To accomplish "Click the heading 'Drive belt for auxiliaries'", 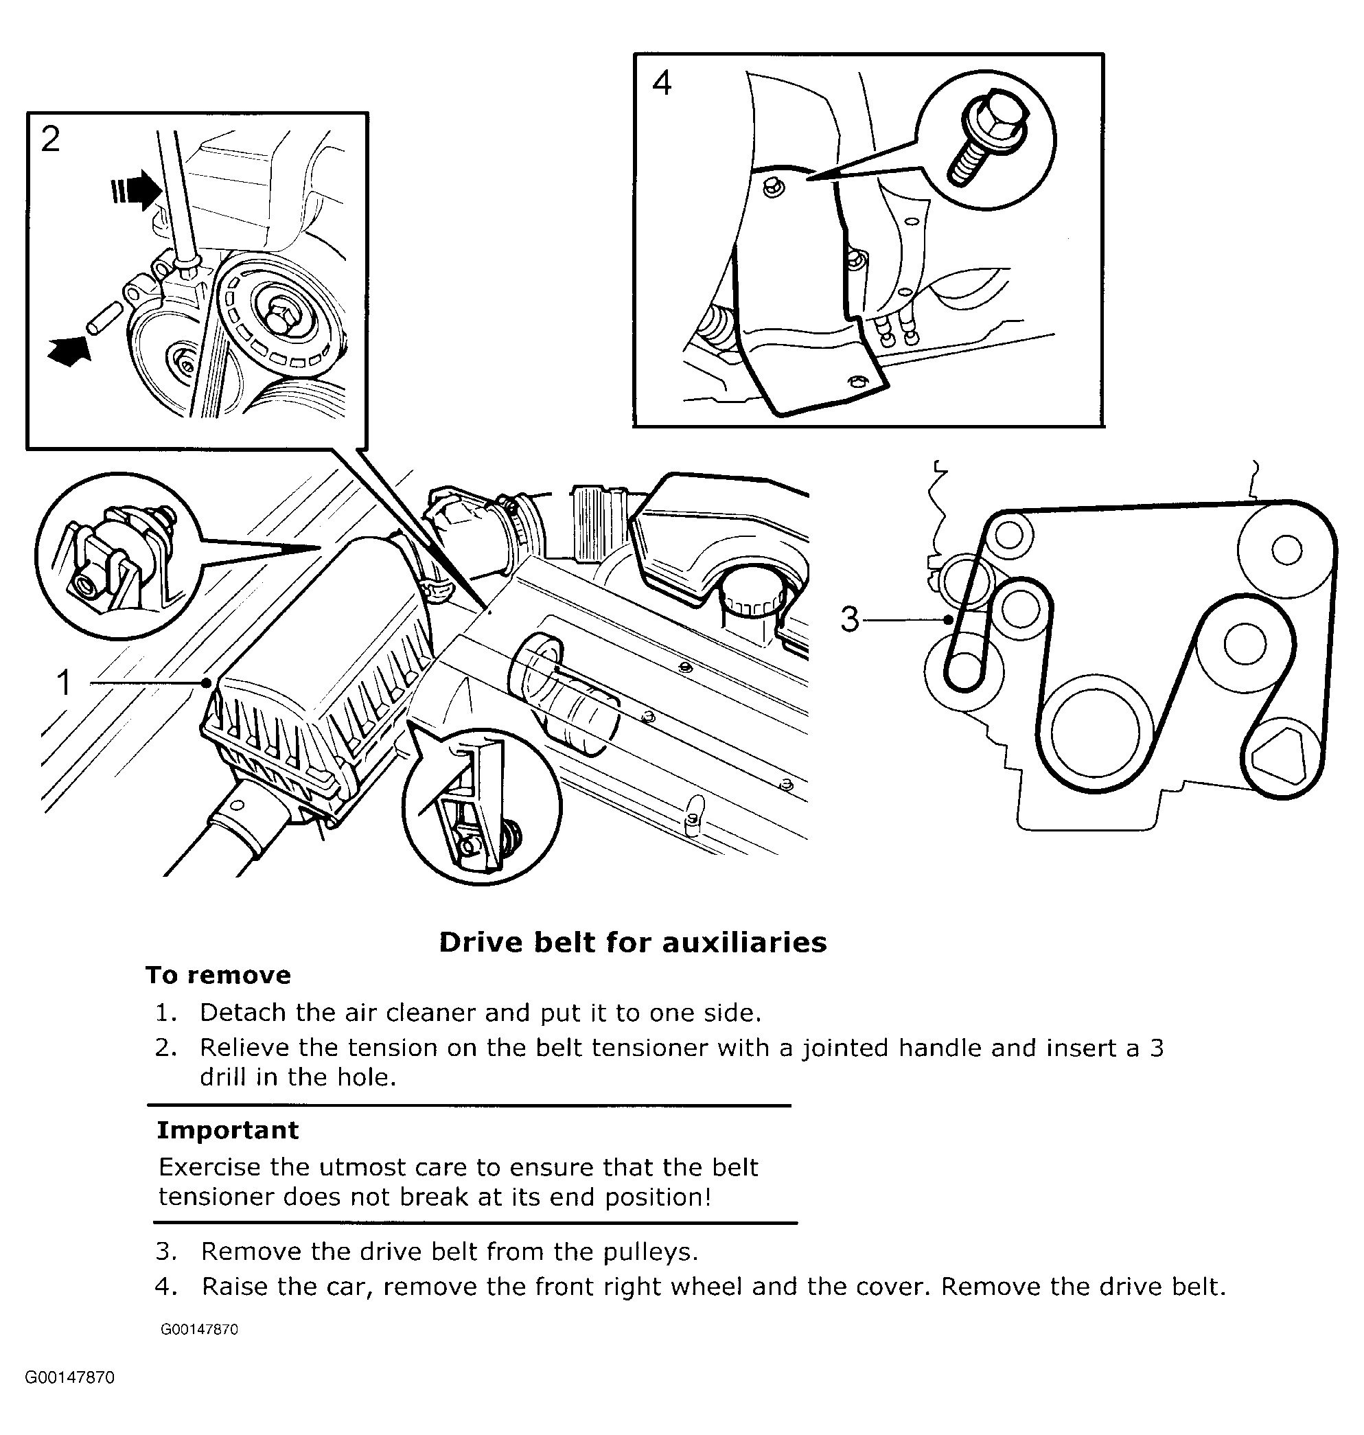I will tap(632, 943).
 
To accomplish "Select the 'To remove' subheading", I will tap(218, 976).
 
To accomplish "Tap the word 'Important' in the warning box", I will tap(228, 1130).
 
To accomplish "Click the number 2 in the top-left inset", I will tap(50, 139).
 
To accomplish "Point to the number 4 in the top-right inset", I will tap(661, 83).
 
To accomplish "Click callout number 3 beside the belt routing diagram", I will tap(849, 620).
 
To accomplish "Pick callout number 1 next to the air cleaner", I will tap(64, 683).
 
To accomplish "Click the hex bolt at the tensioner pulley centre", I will tap(281, 316).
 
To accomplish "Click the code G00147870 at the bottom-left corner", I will tap(70, 1378).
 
